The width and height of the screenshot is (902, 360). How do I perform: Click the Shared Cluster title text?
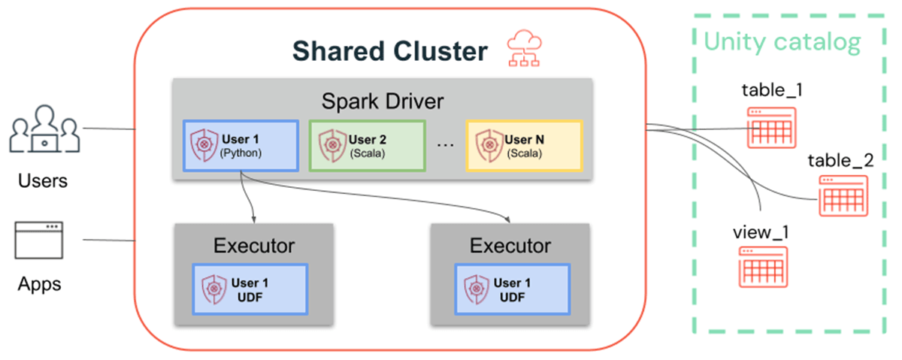coord(389,51)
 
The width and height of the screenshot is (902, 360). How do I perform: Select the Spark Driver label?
coord(383,100)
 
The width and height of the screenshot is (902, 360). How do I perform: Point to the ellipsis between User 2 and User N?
coord(446,144)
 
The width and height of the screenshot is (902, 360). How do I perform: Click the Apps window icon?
coord(38,241)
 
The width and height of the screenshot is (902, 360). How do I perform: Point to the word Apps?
coord(40,284)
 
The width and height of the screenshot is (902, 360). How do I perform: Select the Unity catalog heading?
coord(782,42)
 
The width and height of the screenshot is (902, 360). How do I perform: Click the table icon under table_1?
coord(770,128)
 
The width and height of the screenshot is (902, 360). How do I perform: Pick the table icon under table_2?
coord(843,196)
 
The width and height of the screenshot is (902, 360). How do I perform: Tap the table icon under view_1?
coord(762,267)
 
